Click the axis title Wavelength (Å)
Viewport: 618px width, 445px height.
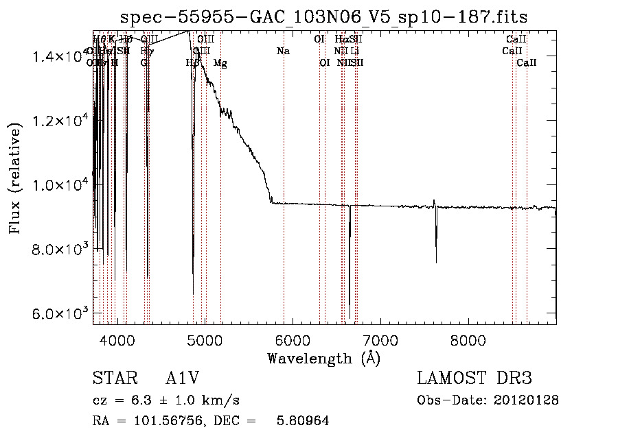(x=323, y=358)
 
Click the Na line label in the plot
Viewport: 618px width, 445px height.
(x=283, y=51)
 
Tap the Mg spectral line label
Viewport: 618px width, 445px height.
(x=220, y=63)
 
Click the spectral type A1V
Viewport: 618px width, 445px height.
(x=182, y=379)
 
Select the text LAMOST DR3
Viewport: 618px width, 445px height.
(x=474, y=378)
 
